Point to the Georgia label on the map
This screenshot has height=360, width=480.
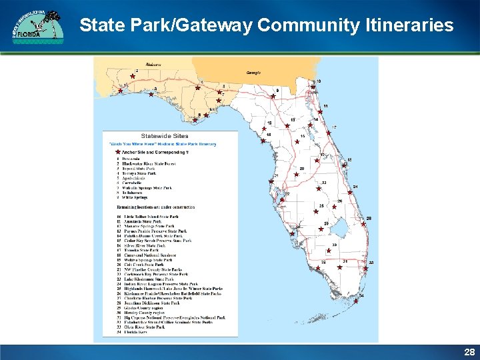coord(253,72)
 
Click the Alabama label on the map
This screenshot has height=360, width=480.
coord(153,65)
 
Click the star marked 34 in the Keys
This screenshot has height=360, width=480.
coord(355,301)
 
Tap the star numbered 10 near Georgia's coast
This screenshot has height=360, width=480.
coord(313,86)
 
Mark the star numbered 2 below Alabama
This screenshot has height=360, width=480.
coord(132,77)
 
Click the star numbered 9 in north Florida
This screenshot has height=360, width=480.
coord(273,95)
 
